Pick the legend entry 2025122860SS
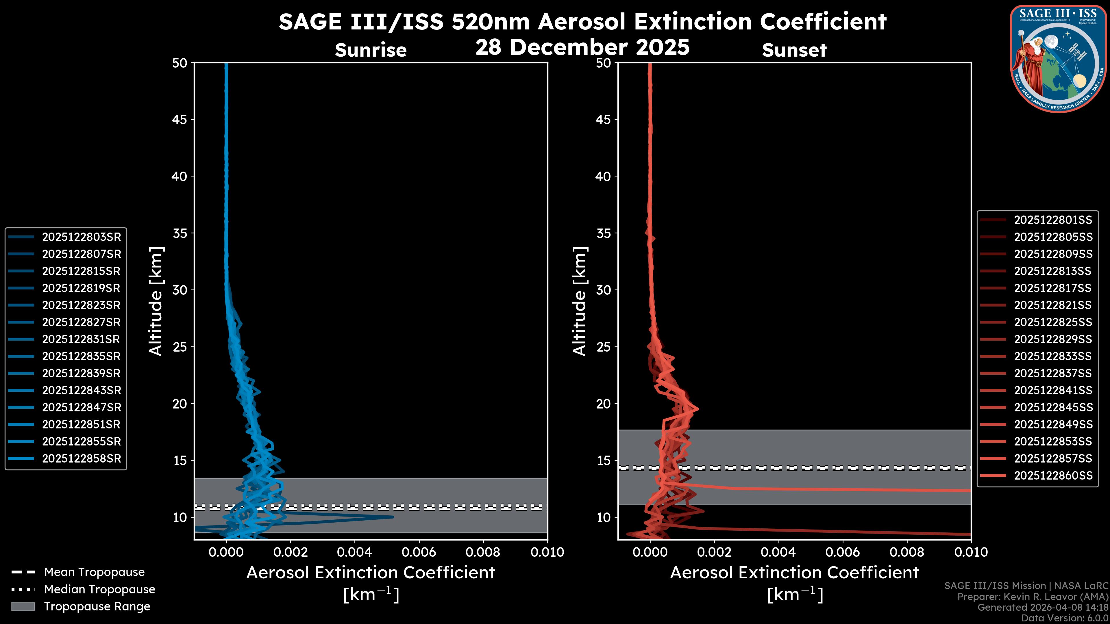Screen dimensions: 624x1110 click(1053, 476)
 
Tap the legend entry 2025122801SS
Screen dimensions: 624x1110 click(1053, 220)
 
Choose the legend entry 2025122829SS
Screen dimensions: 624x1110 click(1053, 339)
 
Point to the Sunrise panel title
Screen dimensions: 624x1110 click(371, 50)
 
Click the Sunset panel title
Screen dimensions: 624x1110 click(794, 50)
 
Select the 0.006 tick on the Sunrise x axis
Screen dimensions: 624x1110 click(419, 552)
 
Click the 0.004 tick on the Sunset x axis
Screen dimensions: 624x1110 click(778, 552)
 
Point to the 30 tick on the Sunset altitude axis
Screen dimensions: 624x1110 click(603, 290)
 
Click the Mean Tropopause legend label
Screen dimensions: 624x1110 click(94, 572)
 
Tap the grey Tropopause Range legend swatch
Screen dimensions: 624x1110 click(23, 606)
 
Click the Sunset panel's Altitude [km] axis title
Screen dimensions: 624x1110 click(580, 301)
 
